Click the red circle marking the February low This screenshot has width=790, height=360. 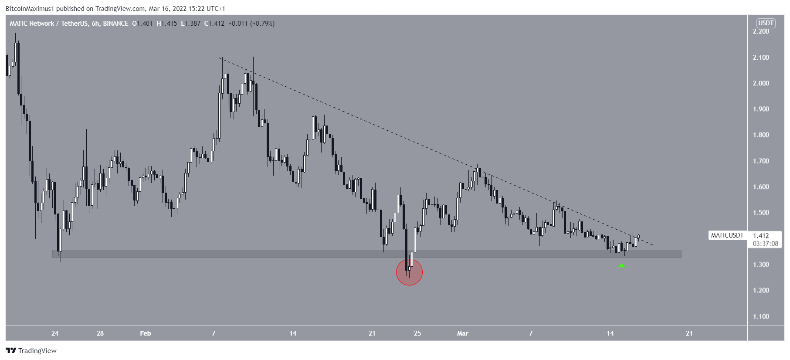click(x=409, y=272)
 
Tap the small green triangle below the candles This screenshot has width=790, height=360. click(x=622, y=265)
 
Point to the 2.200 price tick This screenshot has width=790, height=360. click(x=761, y=31)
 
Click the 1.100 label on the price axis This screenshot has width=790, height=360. click(x=761, y=316)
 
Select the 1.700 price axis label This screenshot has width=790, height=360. click(x=761, y=161)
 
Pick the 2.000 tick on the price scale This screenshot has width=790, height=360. click(x=761, y=83)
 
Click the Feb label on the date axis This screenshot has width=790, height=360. click(x=146, y=333)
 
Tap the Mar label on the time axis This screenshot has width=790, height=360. click(x=462, y=333)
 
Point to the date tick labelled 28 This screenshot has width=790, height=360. click(x=100, y=333)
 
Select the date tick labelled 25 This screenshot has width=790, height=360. click(x=417, y=333)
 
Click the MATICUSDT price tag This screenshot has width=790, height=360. click(x=727, y=235)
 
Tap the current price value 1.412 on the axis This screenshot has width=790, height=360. click(x=761, y=236)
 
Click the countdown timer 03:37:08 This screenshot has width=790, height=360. click(x=765, y=244)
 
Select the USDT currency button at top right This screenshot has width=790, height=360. click(x=766, y=23)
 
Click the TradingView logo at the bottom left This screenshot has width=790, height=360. click(x=31, y=350)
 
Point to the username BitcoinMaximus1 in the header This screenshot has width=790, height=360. click(x=30, y=9)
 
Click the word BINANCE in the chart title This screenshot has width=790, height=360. click(x=115, y=24)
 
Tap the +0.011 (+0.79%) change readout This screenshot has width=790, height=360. click(x=251, y=24)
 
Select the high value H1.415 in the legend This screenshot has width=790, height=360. click(x=167, y=24)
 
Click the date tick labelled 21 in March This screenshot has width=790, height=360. click(x=689, y=333)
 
